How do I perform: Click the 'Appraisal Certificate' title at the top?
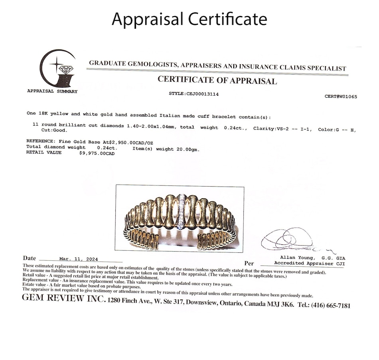coord(189,19)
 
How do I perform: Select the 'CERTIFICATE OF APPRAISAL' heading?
coord(217,80)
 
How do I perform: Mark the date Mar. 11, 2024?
coord(78,259)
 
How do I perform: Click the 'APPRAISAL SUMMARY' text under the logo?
coord(52,91)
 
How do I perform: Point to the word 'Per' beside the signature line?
coord(249,264)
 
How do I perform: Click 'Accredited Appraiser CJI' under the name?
coord(310,263)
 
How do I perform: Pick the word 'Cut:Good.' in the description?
coord(55,130)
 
